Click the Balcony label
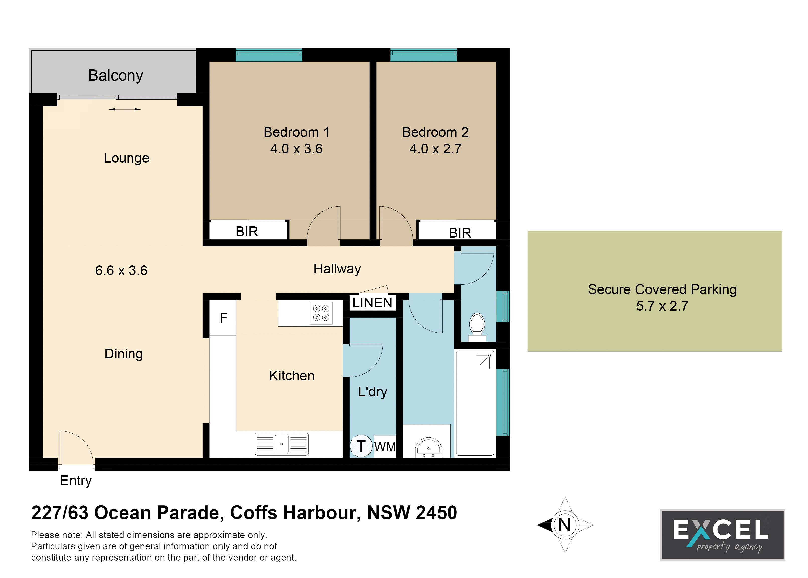(116, 76)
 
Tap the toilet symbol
(477, 327)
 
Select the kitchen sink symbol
(282, 444)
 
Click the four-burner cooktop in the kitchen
(321, 313)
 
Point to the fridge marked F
(223, 318)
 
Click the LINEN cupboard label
(372, 303)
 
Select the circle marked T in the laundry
(361, 446)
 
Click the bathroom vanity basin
(428, 448)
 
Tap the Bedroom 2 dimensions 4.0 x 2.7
(435, 149)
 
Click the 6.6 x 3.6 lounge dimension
(121, 271)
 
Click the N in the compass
(565, 525)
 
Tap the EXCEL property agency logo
(722, 535)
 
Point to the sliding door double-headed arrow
(125, 109)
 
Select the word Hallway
(337, 269)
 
